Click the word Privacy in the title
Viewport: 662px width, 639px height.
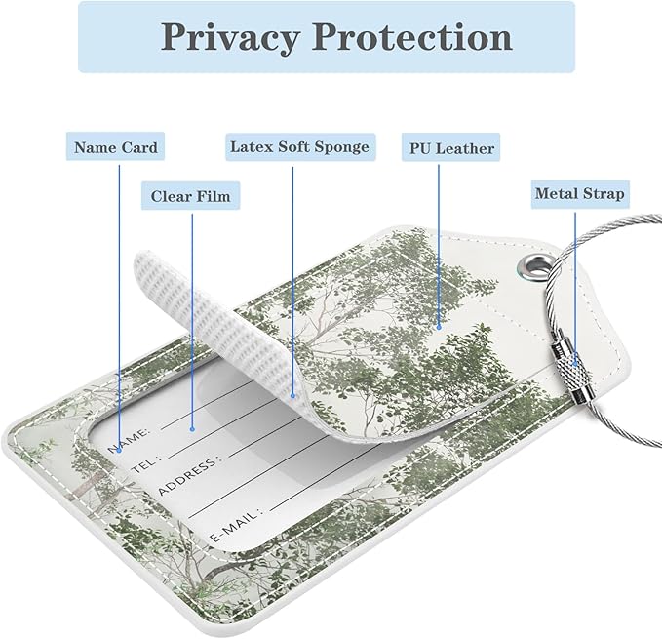(x=230, y=37)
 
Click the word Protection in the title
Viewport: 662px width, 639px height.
(x=412, y=37)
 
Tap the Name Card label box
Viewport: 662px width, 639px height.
(x=115, y=146)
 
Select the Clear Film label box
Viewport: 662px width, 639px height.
(x=190, y=195)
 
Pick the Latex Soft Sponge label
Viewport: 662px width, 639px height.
(x=300, y=147)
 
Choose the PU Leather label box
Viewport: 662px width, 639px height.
(x=450, y=147)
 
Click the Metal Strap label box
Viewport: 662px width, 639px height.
(x=580, y=194)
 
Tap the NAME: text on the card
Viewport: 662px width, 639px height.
(x=129, y=440)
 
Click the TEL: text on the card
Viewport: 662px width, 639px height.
(x=145, y=463)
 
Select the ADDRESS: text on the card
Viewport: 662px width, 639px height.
(x=188, y=475)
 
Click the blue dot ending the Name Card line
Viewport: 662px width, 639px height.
(x=119, y=451)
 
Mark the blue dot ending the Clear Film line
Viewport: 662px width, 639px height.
(x=192, y=429)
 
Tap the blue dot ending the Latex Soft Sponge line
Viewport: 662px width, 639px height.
(x=292, y=396)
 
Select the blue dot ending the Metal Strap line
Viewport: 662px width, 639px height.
(x=574, y=363)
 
